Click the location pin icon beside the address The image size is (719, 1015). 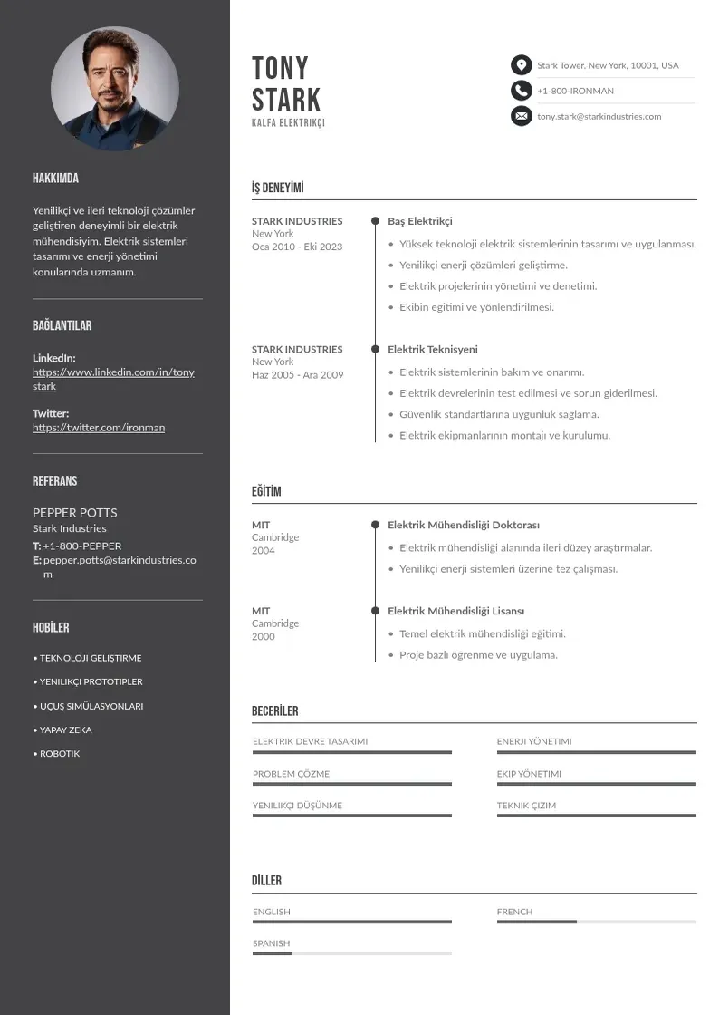click(x=521, y=65)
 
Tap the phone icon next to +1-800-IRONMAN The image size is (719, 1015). click(x=521, y=91)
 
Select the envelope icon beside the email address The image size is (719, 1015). click(x=521, y=116)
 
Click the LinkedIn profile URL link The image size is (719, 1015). click(x=113, y=379)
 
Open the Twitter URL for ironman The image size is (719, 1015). click(x=99, y=428)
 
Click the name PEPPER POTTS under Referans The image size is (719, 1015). click(x=74, y=513)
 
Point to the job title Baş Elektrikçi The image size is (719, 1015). click(x=420, y=221)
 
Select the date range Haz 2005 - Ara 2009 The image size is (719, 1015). click(x=297, y=375)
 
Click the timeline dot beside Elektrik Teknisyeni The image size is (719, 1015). click(x=375, y=349)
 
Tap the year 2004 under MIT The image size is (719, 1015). click(x=263, y=551)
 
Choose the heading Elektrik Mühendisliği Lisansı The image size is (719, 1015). click(x=456, y=611)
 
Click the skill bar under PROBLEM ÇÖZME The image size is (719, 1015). click(x=351, y=784)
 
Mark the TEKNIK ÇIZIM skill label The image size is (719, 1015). click(x=526, y=806)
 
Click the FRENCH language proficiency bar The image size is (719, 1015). click(x=596, y=922)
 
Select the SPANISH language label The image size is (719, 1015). click(x=272, y=943)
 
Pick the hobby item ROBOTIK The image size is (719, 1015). click(x=60, y=754)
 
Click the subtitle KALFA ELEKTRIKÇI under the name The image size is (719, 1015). click(x=288, y=123)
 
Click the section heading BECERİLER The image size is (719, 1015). click(x=274, y=711)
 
